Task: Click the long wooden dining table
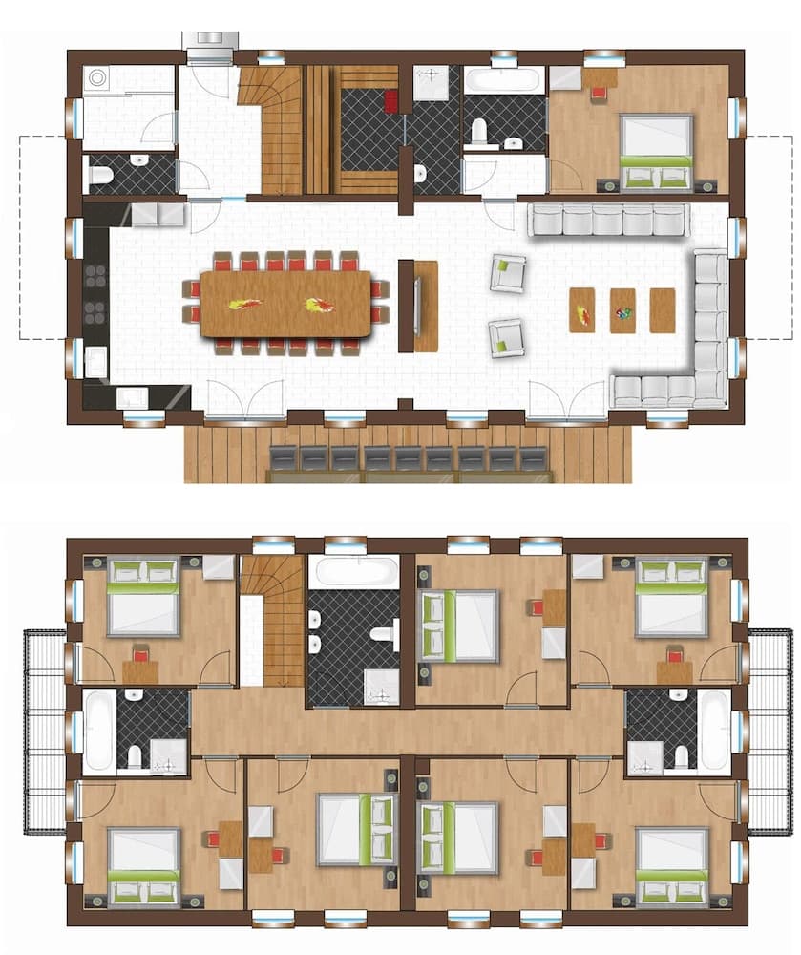(285, 304)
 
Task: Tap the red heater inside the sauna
(391, 101)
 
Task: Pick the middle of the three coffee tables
(622, 310)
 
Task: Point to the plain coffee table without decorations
(662, 310)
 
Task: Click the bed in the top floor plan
(656, 150)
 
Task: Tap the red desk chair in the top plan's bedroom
(599, 94)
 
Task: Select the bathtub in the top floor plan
(504, 80)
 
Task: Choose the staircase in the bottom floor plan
(273, 621)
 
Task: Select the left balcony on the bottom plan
(45, 731)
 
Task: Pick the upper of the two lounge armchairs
(507, 273)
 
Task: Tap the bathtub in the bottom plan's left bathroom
(99, 731)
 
